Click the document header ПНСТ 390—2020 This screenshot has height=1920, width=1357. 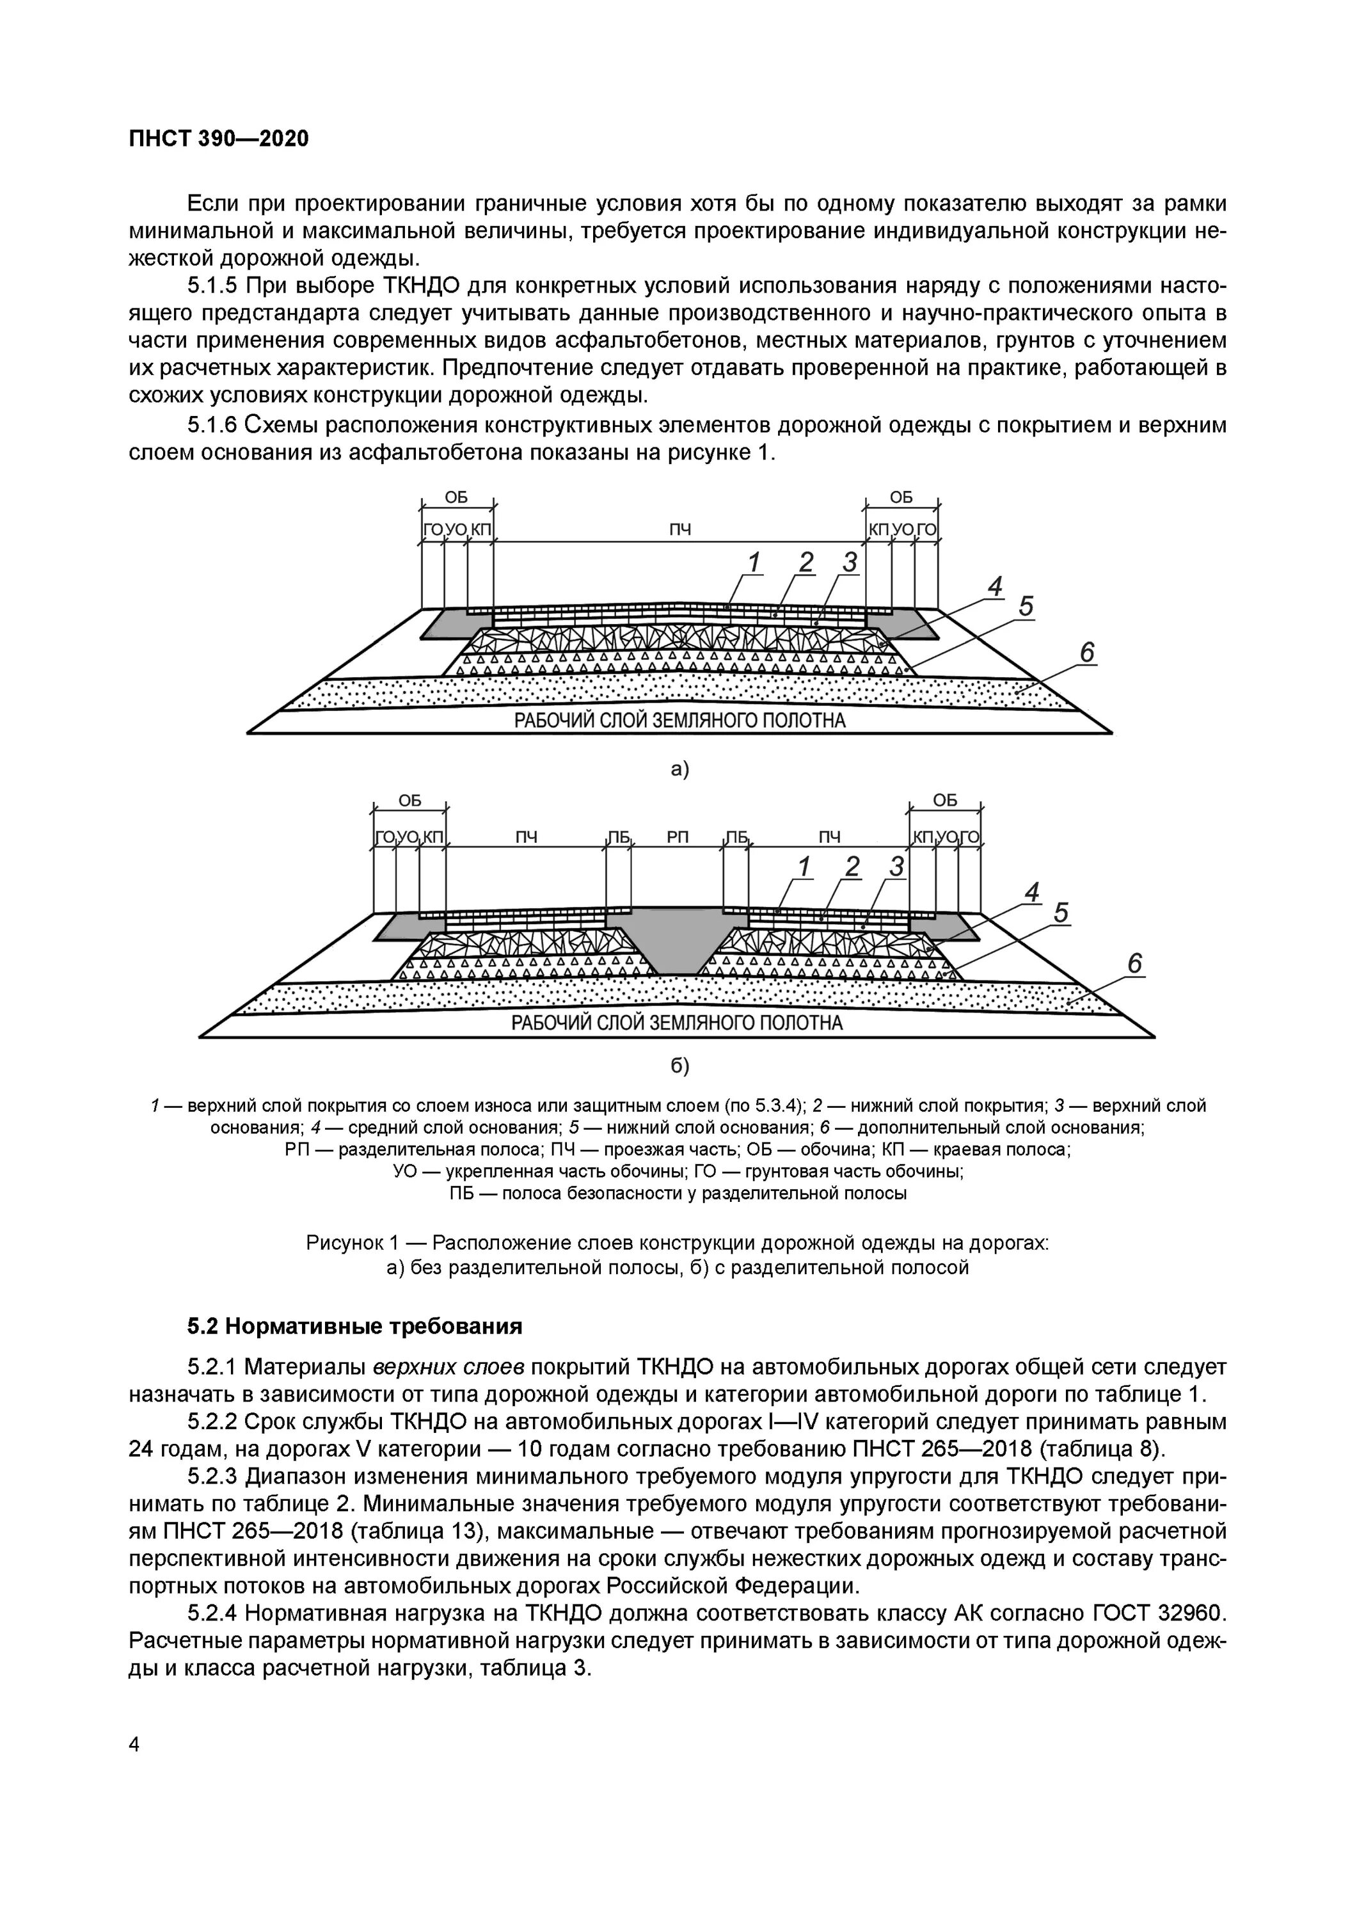click(218, 139)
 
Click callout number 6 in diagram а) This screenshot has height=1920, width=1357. click(1087, 652)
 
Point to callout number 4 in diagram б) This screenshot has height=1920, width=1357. click(1033, 892)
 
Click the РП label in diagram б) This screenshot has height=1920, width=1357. click(678, 837)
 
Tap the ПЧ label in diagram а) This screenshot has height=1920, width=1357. click(679, 529)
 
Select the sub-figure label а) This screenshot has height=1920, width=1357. click(679, 769)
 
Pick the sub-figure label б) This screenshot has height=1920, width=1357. click(679, 1066)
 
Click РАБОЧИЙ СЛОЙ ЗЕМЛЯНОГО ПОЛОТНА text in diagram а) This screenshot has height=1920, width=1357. click(679, 720)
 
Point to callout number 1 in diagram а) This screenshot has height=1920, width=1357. click(754, 564)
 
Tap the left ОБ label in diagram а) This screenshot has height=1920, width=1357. click(457, 497)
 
